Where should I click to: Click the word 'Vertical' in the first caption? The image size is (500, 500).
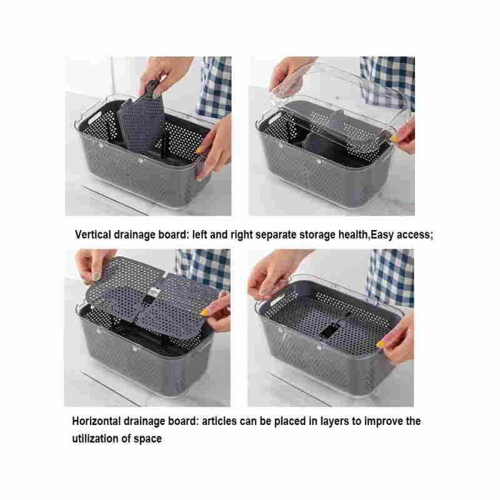[92, 235]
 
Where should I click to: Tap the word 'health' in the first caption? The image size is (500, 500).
[353, 235]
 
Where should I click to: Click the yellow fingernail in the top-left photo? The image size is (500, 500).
[199, 150]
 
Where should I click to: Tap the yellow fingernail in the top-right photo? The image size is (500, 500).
[394, 138]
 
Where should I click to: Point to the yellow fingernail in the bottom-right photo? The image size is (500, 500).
[381, 344]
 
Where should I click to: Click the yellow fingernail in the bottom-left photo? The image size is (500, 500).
[204, 312]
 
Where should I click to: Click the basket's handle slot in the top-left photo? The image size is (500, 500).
[95, 117]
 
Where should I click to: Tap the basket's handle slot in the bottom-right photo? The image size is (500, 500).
[277, 301]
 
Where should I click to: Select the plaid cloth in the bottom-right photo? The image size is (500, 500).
[390, 277]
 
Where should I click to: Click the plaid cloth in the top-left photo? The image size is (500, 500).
[215, 86]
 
